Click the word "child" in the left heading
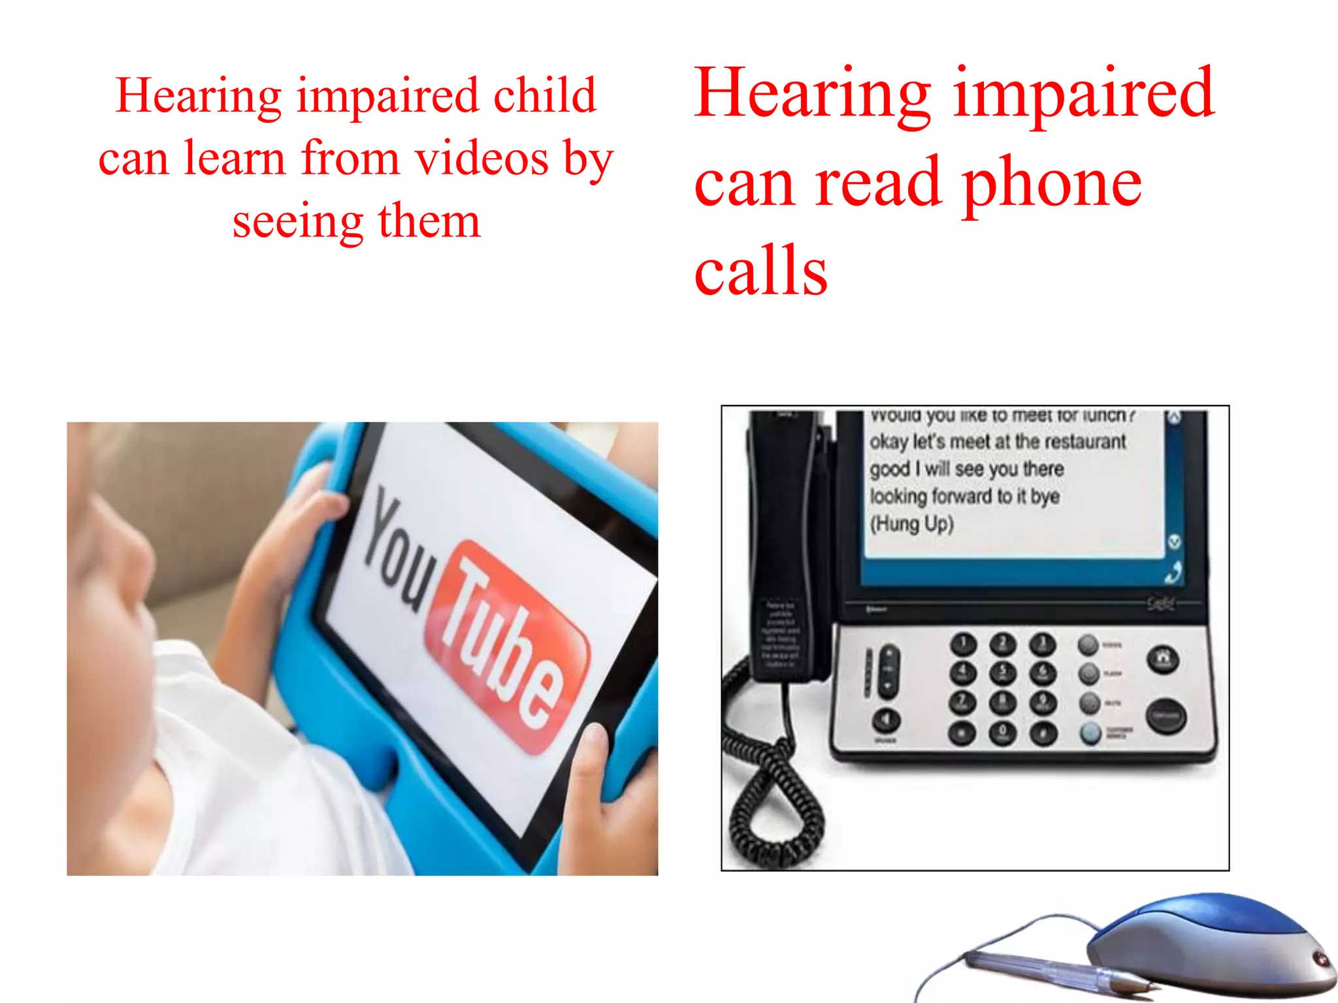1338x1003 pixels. (x=544, y=95)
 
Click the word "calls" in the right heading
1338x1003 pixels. (x=760, y=270)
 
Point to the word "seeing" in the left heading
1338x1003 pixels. (x=298, y=222)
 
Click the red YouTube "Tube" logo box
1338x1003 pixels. (x=506, y=646)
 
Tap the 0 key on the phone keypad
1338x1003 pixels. (x=1002, y=733)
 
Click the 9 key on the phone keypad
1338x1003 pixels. (x=1043, y=703)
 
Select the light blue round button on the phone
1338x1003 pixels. (x=1090, y=733)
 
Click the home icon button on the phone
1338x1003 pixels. (x=1163, y=658)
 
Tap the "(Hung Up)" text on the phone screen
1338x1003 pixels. (x=911, y=524)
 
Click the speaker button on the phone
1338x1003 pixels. (x=887, y=720)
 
